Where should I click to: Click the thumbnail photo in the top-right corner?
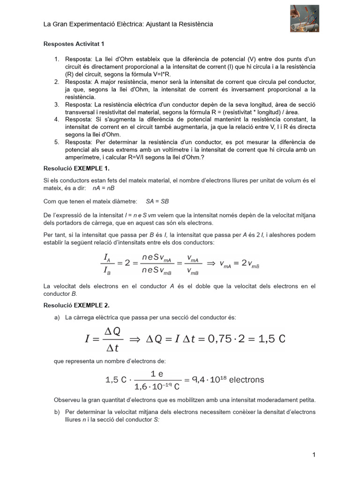click(304, 19)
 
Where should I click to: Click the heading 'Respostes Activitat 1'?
click(74, 44)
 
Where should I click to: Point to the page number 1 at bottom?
click(314, 455)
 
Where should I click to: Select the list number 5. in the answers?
click(57, 142)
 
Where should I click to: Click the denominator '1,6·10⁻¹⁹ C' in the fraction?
click(157, 387)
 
